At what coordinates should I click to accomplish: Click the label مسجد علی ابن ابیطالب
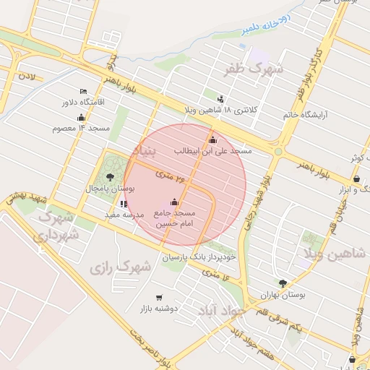pos(212,151)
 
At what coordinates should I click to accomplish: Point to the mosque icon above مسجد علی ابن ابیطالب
pos(212,140)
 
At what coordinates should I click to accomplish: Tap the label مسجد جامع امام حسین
pos(176,219)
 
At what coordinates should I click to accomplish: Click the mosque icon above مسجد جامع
pos(175,203)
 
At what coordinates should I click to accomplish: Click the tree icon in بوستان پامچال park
pos(110,176)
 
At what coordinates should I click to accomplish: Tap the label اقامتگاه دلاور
pos(83,102)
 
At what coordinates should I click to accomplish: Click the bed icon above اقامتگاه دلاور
pos(82,91)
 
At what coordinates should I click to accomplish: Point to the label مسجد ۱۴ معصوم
pos(80,128)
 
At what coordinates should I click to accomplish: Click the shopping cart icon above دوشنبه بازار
pos(159,297)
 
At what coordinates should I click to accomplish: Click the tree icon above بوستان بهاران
pos(283,284)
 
